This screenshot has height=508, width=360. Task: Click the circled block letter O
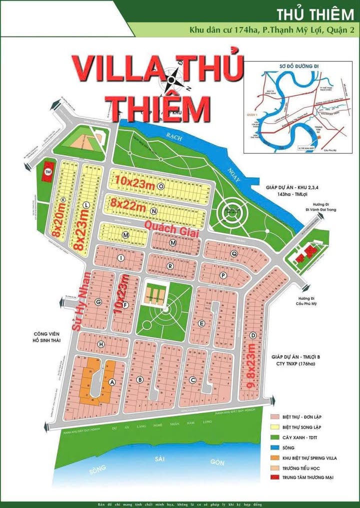[x=161, y=185]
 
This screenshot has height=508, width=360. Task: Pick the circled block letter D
[x=253, y=335]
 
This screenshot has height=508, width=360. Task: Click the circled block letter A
[x=112, y=382]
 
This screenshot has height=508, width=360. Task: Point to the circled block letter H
[x=101, y=345]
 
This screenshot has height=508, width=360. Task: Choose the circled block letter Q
[x=233, y=253]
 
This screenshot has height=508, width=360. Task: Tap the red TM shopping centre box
[x=48, y=171]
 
